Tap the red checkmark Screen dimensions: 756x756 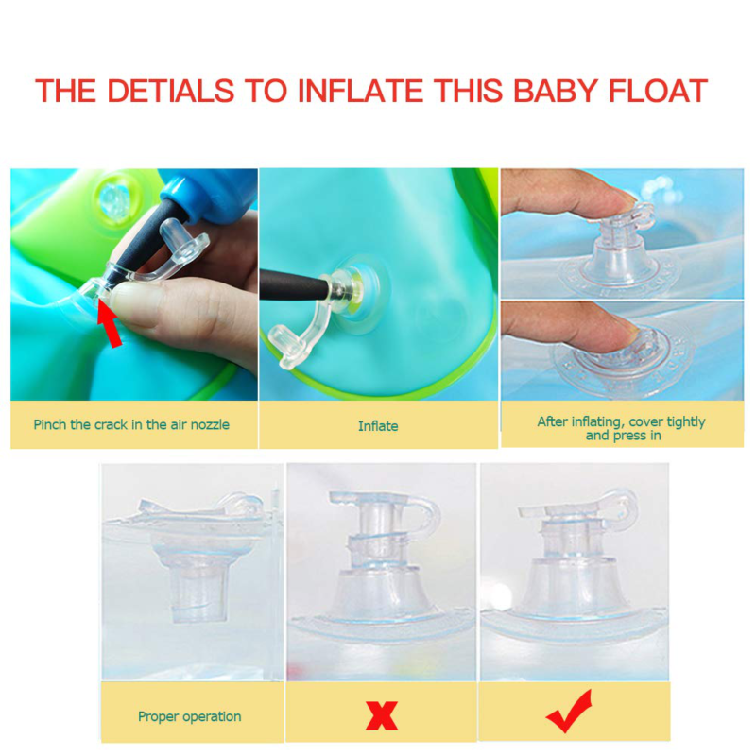click(x=569, y=711)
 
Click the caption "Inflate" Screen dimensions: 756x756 click(x=378, y=426)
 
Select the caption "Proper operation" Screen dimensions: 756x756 click(x=189, y=716)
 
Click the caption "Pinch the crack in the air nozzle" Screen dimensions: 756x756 click(x=131, y=424)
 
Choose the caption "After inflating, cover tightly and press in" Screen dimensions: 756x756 click(x=621, y=428)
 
